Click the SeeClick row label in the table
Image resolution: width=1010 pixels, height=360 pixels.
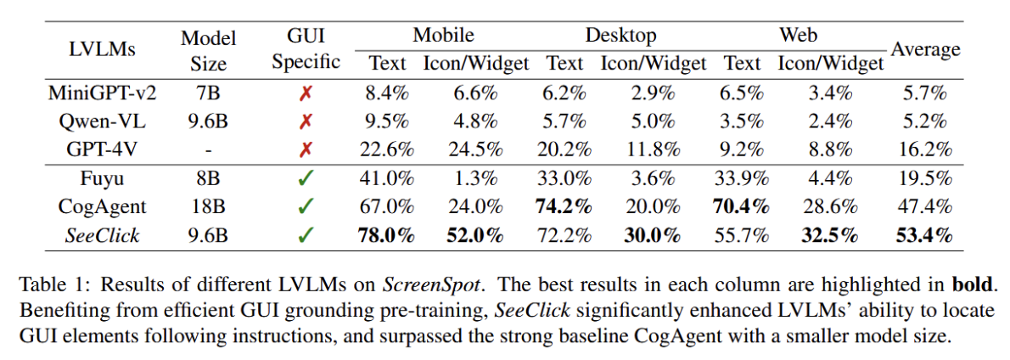(102, 235)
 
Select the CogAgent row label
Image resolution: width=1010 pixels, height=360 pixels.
(102, 205)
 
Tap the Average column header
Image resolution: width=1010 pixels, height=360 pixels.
(925, 49)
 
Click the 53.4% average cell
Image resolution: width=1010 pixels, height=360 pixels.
(923, 235)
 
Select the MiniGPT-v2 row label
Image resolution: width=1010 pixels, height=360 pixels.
(102, 92)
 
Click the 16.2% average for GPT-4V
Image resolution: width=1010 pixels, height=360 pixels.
(923, 149)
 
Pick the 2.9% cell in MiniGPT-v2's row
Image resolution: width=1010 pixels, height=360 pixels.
(654, 92)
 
